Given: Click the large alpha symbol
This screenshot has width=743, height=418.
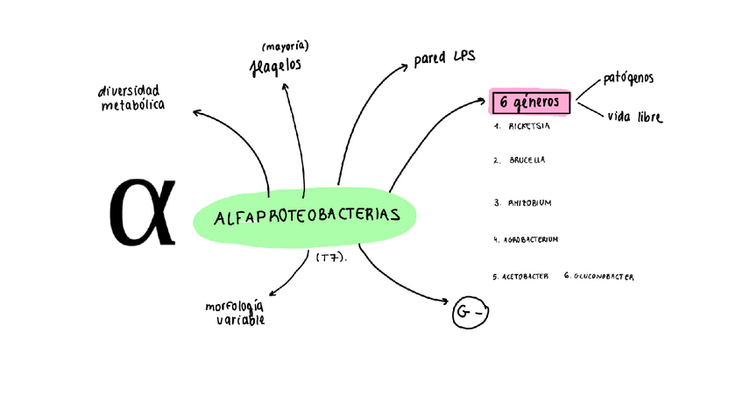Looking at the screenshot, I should click(x=142, y=212).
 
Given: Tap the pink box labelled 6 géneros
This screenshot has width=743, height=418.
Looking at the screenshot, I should click(x=530, y=103).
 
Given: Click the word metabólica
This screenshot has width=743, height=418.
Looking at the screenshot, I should click(x=132, y=106).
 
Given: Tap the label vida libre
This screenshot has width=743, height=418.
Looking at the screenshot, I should click(x=634, y=117).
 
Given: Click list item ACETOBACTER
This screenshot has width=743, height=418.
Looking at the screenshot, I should click(x=526, y=277).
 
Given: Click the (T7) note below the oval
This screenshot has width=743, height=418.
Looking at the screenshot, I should click(x=331, y=258).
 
